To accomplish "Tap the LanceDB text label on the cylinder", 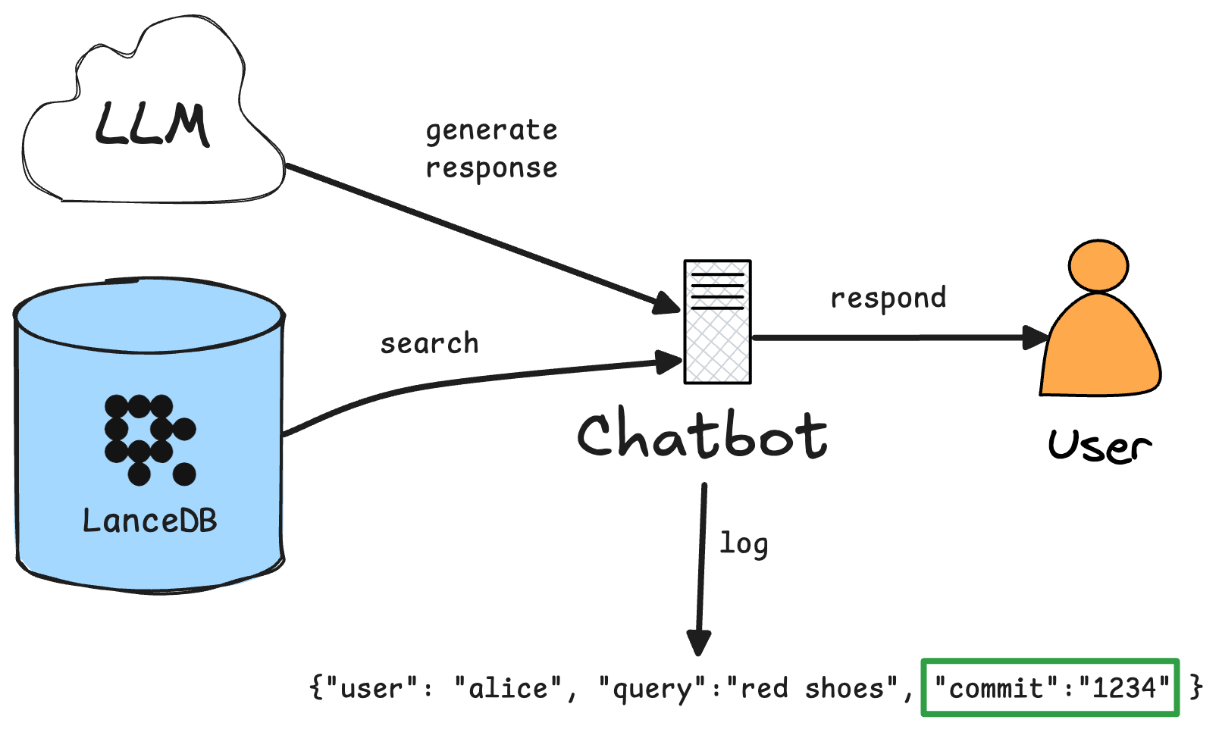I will coord(149,521).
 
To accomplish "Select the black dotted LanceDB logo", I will coord(149,439).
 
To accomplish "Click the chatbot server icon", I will coord(717,322).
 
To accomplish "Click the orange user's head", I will coord(1098,266).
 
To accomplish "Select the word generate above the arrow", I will coord(491,131).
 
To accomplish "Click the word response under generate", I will coord(491,168).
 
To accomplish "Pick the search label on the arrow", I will coord(429,344).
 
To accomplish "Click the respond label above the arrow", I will coord(888,299).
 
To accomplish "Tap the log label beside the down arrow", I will coord(744,544).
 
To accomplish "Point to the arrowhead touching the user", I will coord(1036,337).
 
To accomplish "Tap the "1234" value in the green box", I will coord(1124,689).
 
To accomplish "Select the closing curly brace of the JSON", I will coord(1195,687).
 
